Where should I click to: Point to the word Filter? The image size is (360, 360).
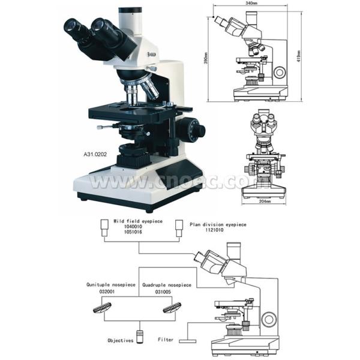click(x=166, y=340)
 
